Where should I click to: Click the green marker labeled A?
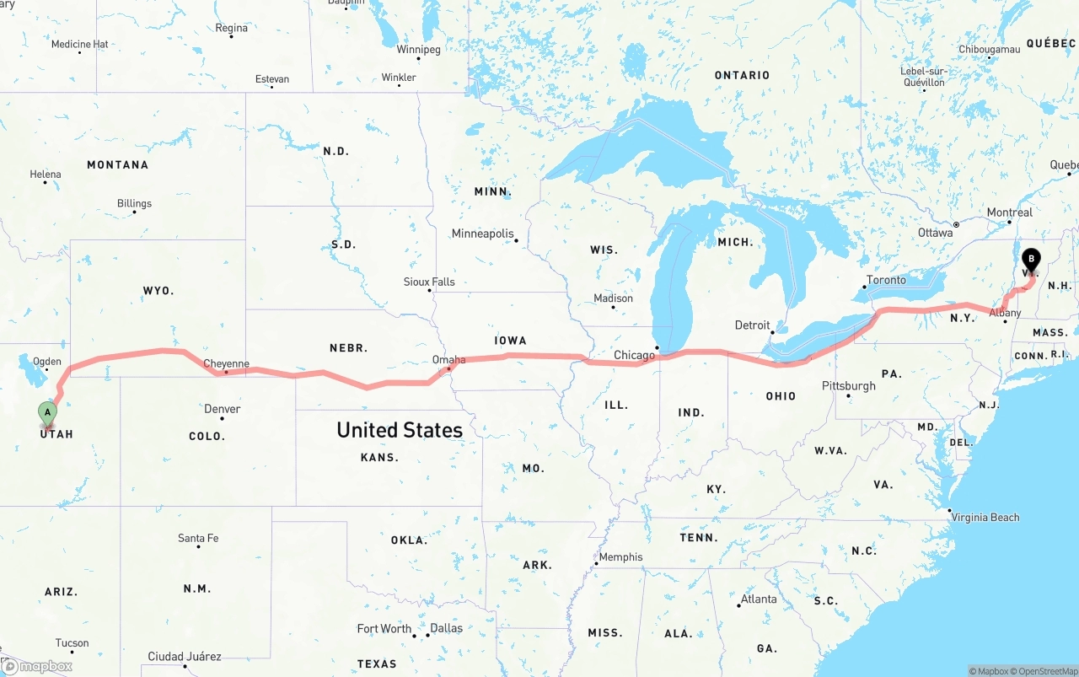pos(48,413)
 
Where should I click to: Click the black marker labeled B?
pos(1030,259)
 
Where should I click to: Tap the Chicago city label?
pos(634,355)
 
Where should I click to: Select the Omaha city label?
pos(448,360)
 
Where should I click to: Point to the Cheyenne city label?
pos(226,364)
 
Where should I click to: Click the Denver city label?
pos(222,409)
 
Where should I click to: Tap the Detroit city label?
pos(752,325)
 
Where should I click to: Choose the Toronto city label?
pos(886,280)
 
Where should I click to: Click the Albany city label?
pos(1005,313)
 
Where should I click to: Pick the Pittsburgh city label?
pos(849,386)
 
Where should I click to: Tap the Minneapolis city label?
pos(482,234)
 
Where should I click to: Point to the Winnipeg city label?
pos(418,50)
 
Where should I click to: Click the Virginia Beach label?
pos(985,518)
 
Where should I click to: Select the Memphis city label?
pos(620,557)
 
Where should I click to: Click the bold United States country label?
pos(400,430)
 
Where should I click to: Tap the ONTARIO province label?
pos(742,75)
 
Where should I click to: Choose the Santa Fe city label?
pos(198,538)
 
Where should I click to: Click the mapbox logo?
pos(37,666)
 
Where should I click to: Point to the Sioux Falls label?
pos(429,282)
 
